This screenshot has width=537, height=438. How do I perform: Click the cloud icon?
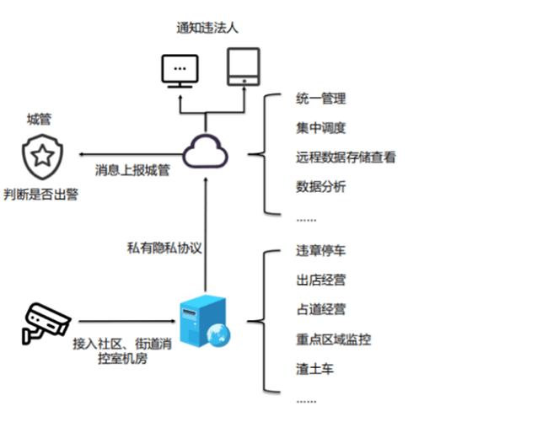(205, 152)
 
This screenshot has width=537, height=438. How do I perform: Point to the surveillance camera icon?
(44, 323)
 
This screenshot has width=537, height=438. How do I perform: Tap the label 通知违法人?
(207, 28)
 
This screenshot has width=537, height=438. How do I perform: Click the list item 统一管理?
(321, 99)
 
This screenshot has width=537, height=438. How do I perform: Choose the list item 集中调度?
(321, 128)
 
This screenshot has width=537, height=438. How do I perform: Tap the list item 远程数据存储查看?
(346, 157)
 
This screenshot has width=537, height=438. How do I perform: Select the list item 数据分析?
(321, 186)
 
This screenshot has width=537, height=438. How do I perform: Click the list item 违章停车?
(321, 252)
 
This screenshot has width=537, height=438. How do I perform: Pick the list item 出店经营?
(321, 280)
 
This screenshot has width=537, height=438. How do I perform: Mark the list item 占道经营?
(321, 310)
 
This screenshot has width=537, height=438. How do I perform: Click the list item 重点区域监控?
(334, 339)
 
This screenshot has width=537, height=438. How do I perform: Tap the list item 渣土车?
(315, 368)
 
